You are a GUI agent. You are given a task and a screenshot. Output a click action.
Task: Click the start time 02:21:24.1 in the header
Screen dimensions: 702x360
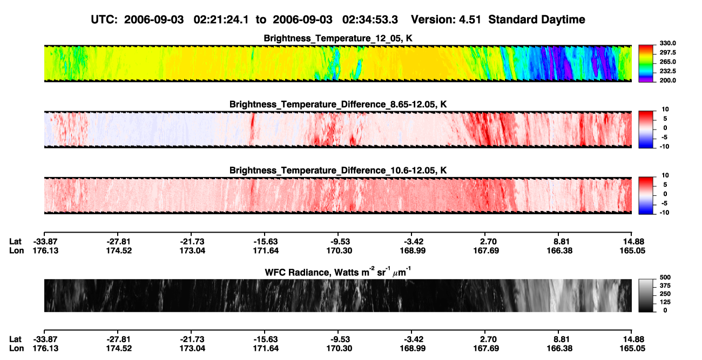pyautogui.click(x=221, y=20)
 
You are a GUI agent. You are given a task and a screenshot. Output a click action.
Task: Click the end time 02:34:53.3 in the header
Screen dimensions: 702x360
pyautogui.click(x=370, y=20)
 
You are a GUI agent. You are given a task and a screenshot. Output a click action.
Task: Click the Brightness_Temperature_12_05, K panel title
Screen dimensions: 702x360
pyautogui.click(x=338, y=38)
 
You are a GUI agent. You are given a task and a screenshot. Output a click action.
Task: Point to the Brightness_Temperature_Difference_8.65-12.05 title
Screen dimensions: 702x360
pyautogui.click(x=338, y=104)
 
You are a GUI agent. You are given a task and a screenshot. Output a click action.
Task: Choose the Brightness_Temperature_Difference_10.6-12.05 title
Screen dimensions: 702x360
pyautogui.click(x=338, y=171)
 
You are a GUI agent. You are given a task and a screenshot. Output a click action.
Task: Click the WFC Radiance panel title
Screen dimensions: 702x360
pyautogui.click(x=338, y=272)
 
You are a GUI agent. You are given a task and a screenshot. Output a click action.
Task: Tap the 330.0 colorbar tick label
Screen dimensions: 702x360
pyautogui.click(x=667, y=43)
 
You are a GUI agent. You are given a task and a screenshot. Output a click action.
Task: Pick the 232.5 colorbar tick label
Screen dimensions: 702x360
pyautogui.click(x=667, y=71)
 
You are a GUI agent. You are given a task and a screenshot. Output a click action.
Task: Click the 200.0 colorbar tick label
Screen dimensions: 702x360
pyautogui.click(x=667, y=80)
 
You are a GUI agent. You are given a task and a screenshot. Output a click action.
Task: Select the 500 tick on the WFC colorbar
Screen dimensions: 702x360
pyautogui.click(x=665, y=277)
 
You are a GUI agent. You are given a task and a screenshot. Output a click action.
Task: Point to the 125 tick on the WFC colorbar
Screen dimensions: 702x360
pyautogui.click(x=665, y=302)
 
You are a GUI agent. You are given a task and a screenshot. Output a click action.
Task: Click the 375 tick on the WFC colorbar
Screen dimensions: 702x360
pyautogui.click(x=665, y=286)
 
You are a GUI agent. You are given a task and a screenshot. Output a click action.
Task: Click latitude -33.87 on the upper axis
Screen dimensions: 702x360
pyautogui.click(x=45, y=242)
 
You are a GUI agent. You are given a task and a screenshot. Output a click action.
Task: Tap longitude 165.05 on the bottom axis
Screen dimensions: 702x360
pyautogui.click(x=632, y=349)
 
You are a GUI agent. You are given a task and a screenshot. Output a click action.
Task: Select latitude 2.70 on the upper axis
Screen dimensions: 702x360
pyautogui.click(x=488, y=242)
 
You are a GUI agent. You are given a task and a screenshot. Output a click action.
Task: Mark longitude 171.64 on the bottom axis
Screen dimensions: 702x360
pyautogui.click(x=266, y=349)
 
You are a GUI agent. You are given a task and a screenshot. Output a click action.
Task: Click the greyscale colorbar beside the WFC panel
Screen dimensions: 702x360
pyautogui.click(x=646, y=295)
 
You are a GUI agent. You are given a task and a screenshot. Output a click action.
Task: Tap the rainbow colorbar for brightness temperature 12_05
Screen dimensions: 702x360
pyautogui.click(x=646, y=64)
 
